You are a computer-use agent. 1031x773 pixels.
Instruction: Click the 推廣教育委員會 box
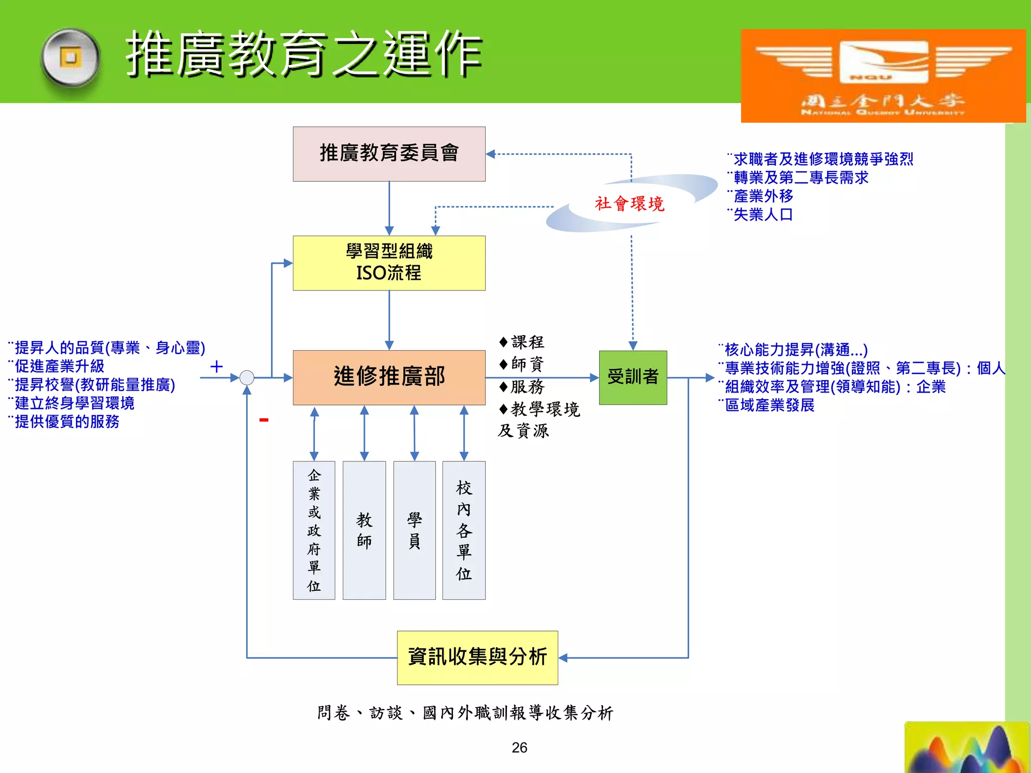[x=389, y=153]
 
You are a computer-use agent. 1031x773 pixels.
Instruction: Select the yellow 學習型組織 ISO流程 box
[x=389, y=263]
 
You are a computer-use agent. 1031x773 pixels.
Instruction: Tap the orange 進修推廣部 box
[x=389, y=377]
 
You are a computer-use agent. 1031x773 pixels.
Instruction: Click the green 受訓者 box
[x=633, y=377]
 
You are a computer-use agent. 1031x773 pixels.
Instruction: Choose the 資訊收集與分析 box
[x=477, y=657]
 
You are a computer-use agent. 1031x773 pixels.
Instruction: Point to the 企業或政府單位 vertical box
[x=314, y=530]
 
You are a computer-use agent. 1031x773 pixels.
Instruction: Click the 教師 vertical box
[x=364, y=530]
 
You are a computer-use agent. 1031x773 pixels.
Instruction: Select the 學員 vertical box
[x=414, y=530]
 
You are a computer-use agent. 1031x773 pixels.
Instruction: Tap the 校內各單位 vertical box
[x=464, y=530]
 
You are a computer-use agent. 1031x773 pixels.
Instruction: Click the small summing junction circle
[x=247, y=377]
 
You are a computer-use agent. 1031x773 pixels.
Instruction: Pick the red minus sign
[x=264, y=420]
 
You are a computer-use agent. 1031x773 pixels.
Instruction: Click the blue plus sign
[x=216, y=366]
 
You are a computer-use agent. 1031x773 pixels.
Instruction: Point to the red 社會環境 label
[x=629, y=204]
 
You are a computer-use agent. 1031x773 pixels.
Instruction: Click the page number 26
[x=519, y=747]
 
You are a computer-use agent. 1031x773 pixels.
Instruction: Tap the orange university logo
[x=883, y=75]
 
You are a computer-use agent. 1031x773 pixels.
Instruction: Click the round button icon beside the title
[x=70, y=59]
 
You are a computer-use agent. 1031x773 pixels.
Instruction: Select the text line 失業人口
[x=763, y=215]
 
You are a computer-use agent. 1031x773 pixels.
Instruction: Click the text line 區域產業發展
[x=769, y=405]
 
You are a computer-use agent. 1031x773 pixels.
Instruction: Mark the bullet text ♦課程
[x=522, y=342]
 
